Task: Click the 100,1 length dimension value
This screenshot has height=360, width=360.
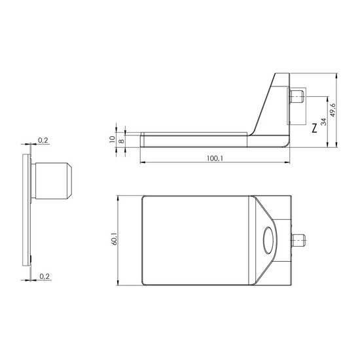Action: pyautogui.click(x=215, y=158)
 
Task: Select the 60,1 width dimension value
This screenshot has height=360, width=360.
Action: pyautogui.click(x=114, y=239)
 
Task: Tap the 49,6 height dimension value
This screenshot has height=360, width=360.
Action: pyautogui.click(x=333, y=110)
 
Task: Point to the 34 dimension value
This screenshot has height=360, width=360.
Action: pyautogui.click(x=323, y=122)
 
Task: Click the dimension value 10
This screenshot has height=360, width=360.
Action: pyautogui.click(x=113, y=139)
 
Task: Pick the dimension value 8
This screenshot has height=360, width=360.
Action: pyautogui.click(x=122, y=141)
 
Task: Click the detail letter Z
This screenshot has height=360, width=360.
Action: pyautogui.click(x=314, y=128)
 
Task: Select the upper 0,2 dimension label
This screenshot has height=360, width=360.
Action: pyautogui.click(x=43, y=140)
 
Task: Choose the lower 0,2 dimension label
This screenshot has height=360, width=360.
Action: pyautogui.click(x=45, y=276)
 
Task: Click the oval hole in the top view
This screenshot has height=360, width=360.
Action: pyautogui.click(x=268, y=240)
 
